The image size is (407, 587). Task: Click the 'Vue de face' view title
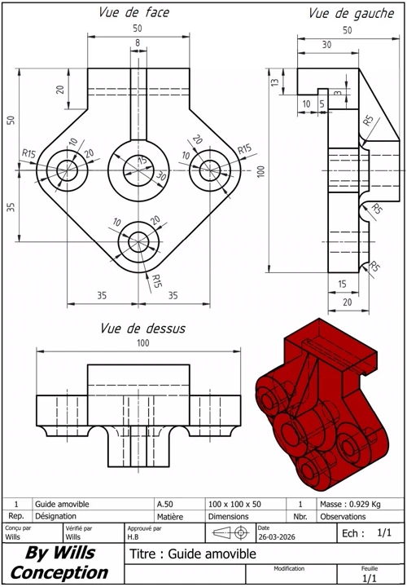point(133,12)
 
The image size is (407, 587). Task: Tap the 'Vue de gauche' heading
point(352,14)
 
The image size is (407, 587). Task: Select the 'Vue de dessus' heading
point(142,329)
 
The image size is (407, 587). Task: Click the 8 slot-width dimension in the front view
point(138,42)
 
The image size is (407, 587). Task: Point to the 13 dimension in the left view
point(275,82)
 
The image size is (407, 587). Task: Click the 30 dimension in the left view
point(326,45)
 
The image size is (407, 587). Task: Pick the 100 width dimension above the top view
point(142,343)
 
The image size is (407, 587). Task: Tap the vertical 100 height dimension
point(261,171)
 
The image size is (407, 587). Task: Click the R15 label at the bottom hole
point(157,281)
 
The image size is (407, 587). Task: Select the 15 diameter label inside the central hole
point(142,161)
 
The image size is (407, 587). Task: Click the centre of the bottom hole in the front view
point(138,242)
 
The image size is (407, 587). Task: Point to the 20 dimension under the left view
point(348,302)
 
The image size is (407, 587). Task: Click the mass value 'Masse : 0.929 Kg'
point(350,505)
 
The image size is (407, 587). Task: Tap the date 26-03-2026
point(277,536)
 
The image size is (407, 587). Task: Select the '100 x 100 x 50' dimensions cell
point(234,505)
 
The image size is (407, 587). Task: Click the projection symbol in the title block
point(231,532)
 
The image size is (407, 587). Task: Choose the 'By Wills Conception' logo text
point(59,563)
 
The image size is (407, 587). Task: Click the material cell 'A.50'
point(164,505)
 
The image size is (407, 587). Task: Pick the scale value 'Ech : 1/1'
point(366,533)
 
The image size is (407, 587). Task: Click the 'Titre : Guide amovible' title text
point(193,554)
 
